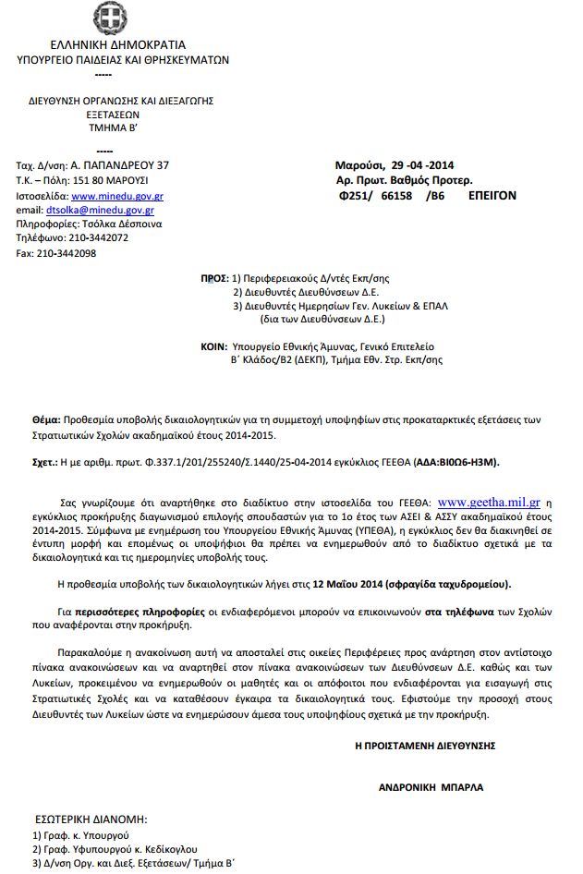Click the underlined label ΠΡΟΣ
(x=213, y=277)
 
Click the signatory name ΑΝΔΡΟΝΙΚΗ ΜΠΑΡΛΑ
(x=431, y=788)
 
